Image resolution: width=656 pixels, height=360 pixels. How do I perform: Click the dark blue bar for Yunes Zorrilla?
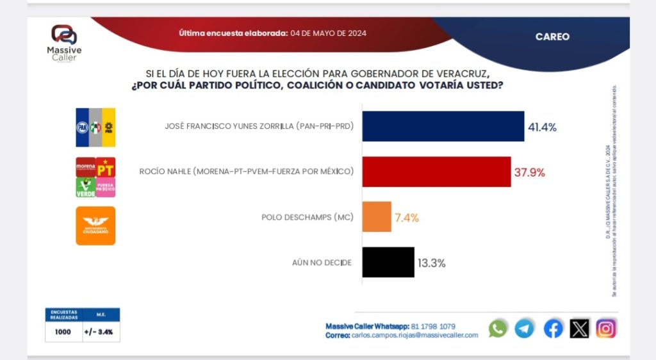[x=443, y=126]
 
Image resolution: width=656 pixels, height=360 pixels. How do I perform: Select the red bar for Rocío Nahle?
[x=436, y=171]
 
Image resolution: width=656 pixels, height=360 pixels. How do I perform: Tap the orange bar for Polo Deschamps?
[x=377, y=217]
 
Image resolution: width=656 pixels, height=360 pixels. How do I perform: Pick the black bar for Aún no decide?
[x=388, y=262]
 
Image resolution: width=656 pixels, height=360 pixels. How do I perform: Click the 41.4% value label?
[x=542, y=127]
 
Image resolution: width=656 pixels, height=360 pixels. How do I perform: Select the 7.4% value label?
[x=407, y=217]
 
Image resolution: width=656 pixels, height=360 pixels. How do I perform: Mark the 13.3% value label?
[x=432, y=263]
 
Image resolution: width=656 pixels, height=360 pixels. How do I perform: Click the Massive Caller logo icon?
[x=63, y=35]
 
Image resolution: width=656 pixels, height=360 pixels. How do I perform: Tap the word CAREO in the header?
[x=552, y=37]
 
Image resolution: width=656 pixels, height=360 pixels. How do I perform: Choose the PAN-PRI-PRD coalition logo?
[x=95, y=127]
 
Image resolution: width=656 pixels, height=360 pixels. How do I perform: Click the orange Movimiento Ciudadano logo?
[x=95, y=225]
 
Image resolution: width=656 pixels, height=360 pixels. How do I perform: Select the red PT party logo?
[x=106, y=167]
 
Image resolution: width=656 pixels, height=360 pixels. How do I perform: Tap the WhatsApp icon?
[x=497, y=329]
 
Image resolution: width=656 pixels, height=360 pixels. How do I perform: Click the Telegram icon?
[x=524, y=329]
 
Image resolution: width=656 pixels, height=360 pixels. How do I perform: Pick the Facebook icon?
[x=553, y=329]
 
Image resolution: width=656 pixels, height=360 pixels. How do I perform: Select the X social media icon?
[x=579, y=329]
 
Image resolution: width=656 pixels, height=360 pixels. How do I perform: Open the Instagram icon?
[x=606, y=329]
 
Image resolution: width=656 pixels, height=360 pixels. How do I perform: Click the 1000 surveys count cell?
[x=63, y=332]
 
